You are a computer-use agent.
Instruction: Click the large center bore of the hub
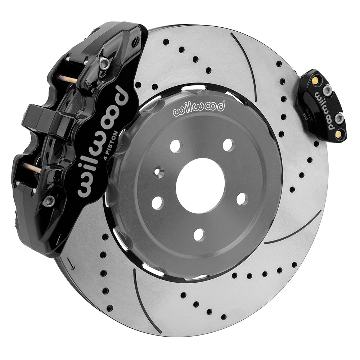tap(200, 185)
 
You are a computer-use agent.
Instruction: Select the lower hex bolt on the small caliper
tap(338, 119)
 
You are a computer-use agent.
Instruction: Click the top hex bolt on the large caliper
tap(104, 64)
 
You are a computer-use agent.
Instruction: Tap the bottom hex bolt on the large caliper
tap(49, 202)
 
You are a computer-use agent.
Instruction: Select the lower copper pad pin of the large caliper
tap(32, 167)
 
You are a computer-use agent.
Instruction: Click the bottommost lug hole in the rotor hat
tap(199, 235)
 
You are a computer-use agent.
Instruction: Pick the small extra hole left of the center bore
tap(158, 172)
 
